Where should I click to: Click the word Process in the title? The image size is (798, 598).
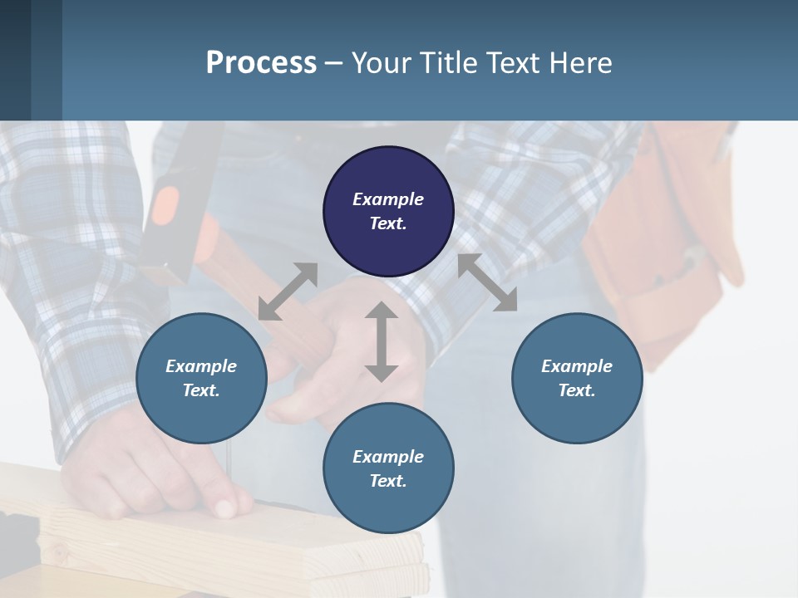tap(261, 63)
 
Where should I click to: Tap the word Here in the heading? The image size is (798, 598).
tap(582, 63)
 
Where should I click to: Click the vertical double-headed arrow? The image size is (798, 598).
tap(381, 341)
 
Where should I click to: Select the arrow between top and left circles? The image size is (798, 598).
tap(288, 292)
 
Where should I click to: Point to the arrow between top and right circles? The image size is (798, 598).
tap(487, 282)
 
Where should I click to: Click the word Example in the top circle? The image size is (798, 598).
tap(388, 199)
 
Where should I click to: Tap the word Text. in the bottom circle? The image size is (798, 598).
tap(388, 481)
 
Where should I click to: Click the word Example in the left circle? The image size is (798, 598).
tap(201, 366)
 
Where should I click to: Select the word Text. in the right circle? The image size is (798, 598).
tap(577, 390)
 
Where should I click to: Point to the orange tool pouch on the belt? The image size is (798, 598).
tap(665, 241)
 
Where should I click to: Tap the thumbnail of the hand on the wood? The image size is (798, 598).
tap(224, 507)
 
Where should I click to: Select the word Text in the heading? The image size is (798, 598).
tap(510, 63)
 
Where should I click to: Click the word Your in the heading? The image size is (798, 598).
tap(382, 63)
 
